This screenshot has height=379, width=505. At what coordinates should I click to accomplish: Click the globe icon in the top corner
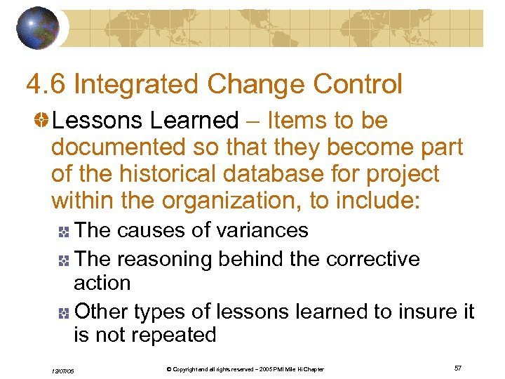(x=38, y=27)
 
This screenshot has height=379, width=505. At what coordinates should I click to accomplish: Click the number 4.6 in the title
(x=46, y=84)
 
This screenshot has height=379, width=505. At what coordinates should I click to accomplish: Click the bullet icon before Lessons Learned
(x=41, y=121)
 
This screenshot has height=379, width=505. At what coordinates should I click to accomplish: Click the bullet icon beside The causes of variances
(x=65, y=232)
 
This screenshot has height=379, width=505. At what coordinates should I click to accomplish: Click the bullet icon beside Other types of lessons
(x=65, y=312)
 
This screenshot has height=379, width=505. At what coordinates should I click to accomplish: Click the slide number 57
(x=457, y=368)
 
